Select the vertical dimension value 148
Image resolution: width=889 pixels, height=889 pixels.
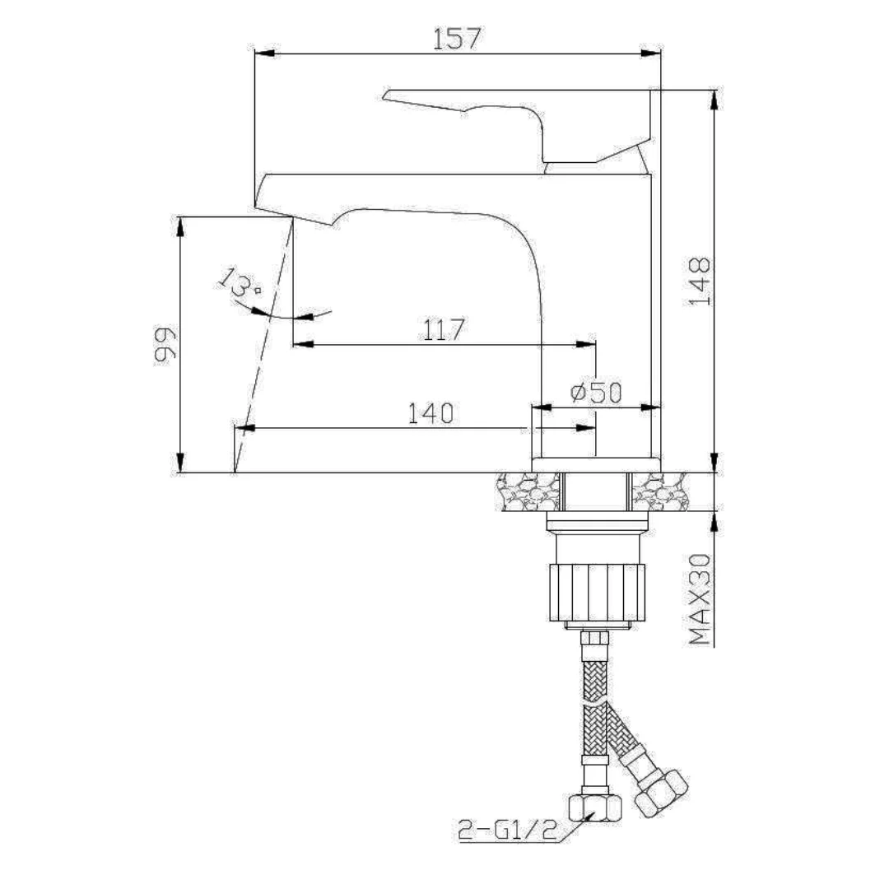point(700,281)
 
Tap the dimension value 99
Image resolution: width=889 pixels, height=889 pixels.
point(165,343)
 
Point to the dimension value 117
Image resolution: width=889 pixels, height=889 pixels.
point(444,329)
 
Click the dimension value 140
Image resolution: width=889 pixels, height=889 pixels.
point(431,413)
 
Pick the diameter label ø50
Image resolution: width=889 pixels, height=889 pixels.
point(596,393)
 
